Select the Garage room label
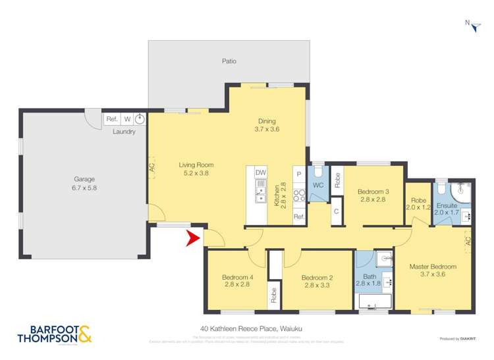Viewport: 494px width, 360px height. click(84, 179)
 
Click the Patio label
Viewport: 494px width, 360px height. click(229, 61)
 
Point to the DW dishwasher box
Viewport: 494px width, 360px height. click(261, 172)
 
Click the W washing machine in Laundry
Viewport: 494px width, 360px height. click(126, 119)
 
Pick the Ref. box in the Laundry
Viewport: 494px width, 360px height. click(111, 119)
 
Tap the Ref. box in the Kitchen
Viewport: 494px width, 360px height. click(298, 217)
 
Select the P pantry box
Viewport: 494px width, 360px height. click(298, 174)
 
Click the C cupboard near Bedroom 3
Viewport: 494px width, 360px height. click(335, 211)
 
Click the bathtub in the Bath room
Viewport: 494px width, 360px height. click(373, 301)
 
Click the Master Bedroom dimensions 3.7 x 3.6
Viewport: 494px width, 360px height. click(432, 274)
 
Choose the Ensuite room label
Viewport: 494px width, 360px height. click(447, 205)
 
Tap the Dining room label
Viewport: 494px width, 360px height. click(267, 120)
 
